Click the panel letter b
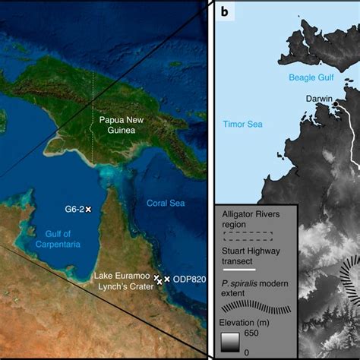pyautogui.click(x=225, y=11)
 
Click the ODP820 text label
pyautogui.click(x=188, y=279)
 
